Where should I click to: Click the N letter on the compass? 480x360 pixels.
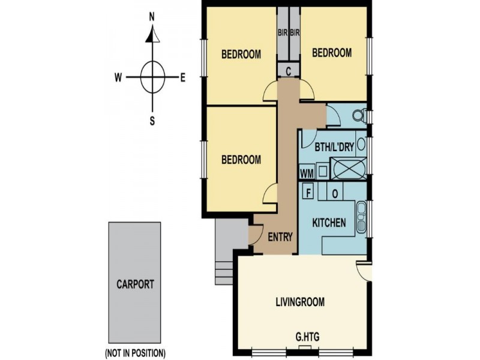tap(152, 17)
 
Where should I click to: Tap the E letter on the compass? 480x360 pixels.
tap(183, 77)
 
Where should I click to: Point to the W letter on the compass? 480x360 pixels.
tap(119, 77)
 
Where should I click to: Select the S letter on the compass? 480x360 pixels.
tap(152, 120)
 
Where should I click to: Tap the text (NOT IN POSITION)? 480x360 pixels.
tap(135, 352)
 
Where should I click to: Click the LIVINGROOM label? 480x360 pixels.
tap(301, 302)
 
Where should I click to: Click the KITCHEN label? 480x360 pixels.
tap(329, 223)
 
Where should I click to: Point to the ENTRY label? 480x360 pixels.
tap(280, 237)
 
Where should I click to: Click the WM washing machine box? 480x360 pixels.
tap(307, 173)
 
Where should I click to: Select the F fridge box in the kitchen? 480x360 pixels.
tap(308, 193)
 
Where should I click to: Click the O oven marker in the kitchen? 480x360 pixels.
tap(335, 193)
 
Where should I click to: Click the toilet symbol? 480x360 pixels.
tap(359, 115)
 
